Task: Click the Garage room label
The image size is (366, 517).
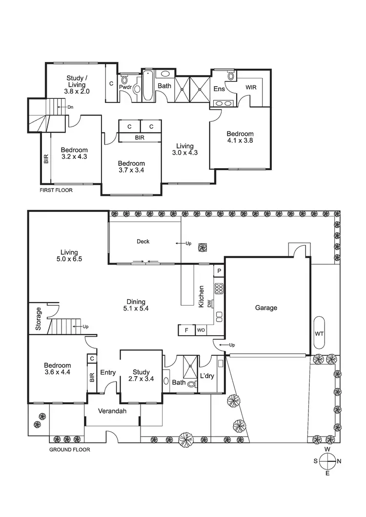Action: (266, 307)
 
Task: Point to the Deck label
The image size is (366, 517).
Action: (143, 241)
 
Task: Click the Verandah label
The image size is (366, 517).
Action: (113, 411)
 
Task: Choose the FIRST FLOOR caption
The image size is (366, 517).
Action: (56, 190)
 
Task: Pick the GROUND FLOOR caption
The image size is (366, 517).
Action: (70, 450)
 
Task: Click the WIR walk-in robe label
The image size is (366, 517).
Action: (251, 87)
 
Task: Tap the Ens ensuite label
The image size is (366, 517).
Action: (219, 89)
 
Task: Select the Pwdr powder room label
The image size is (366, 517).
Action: (124, 88)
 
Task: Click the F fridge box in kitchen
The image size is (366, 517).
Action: (186, 330)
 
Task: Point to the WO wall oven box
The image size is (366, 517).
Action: (201, 330)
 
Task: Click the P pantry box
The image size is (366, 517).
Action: (219, 271)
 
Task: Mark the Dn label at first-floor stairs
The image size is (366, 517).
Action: (70, 107)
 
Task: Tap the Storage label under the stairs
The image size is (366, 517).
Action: (39, 319)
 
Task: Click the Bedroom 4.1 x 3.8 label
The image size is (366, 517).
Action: (240, 137)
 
